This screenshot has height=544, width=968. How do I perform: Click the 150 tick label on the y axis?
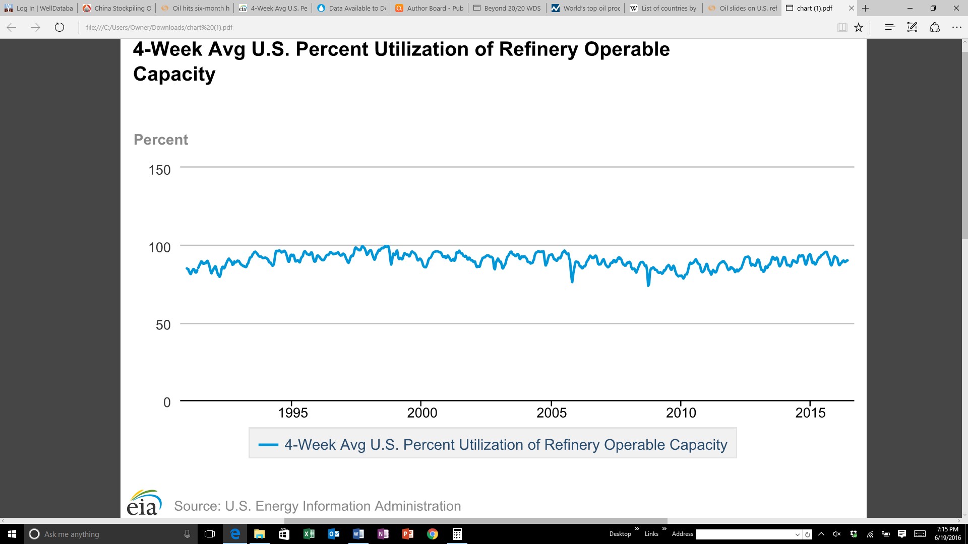[159, 170]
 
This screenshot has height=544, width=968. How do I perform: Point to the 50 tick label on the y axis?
[163, 325]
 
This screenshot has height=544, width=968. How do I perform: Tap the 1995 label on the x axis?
[293, 413]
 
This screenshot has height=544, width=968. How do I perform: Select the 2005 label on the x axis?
[552, 413]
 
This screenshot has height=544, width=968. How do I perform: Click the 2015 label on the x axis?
[810, 413]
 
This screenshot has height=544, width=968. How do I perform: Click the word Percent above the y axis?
[161, 140]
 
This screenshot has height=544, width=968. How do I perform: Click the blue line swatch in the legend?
[268, 445]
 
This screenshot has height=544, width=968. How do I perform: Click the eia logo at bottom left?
[144, 503]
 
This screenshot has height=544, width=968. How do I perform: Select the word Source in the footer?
[197, 506]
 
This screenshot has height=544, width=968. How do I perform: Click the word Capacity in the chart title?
[174, 75]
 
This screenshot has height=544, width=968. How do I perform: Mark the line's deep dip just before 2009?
[648, 285]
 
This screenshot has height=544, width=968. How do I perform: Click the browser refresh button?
[59, 27]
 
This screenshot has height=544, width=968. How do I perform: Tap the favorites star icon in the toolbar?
[859, 27]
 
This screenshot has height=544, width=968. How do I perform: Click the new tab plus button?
[866, 8]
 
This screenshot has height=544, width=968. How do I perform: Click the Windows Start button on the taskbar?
[12, 534]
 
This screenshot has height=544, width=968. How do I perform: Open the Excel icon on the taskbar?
[309, 534]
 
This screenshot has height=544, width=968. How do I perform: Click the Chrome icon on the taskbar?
[433, 534]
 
